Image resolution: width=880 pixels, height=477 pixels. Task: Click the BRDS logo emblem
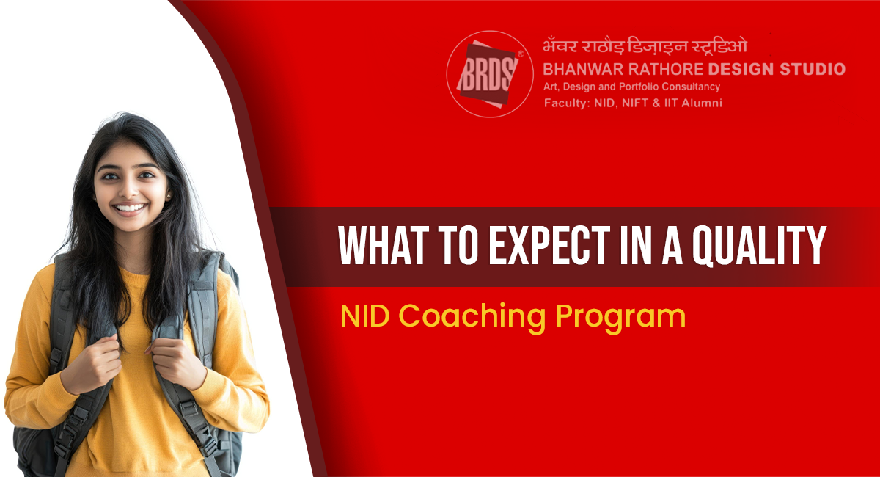point(490,74)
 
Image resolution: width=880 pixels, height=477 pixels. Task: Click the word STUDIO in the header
point(813,69)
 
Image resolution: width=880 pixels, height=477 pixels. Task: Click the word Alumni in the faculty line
point(702,103)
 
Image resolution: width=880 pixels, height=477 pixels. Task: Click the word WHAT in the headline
point(384,245)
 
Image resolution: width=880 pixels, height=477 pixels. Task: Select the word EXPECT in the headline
point(549,245)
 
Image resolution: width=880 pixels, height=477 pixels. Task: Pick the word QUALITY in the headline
point(759,246)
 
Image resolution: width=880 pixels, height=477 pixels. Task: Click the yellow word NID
point(365,316)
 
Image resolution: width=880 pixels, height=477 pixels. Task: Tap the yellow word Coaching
point(472,318)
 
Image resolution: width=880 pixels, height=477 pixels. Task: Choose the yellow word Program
point(620,318)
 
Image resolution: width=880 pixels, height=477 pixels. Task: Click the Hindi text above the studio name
point(645,46)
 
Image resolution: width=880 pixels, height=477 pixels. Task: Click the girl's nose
point(128,189)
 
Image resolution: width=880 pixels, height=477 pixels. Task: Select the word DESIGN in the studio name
point(741,69)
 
